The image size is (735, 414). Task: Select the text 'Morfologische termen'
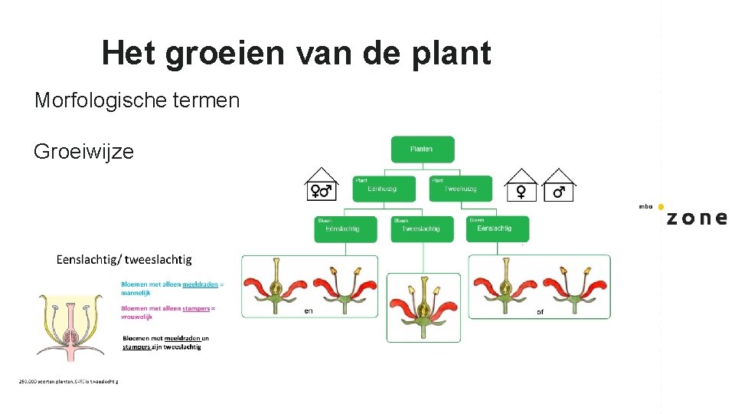(137, 100)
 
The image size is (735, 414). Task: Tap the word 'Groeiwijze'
(83, 151)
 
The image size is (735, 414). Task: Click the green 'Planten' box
(422, 149)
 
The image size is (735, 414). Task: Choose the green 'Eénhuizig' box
(384, 189)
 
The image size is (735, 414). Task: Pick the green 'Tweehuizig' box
(459, 189)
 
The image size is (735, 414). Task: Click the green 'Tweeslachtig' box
(421, 228)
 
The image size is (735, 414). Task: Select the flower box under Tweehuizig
(539, 287)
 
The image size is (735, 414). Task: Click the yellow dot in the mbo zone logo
(661, 207)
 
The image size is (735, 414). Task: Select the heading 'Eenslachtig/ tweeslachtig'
(124, 260)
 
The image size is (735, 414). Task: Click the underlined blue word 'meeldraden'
(200, 284)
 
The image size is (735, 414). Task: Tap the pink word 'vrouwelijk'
(137, 317)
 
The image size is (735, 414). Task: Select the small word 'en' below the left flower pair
(309, 311)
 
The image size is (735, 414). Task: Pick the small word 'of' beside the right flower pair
(541, 311)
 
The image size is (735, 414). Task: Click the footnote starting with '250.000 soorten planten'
(68, 381)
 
